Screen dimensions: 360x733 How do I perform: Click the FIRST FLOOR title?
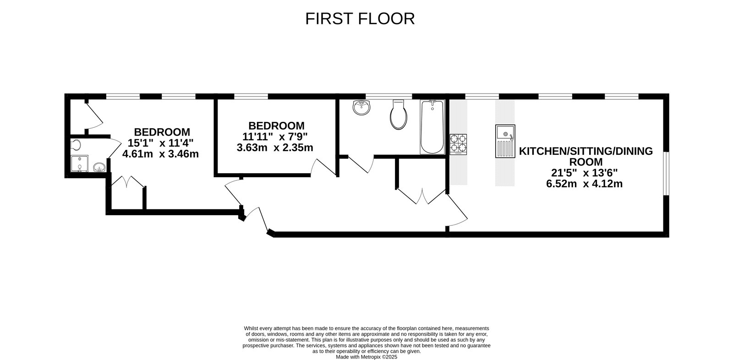pyautogui.click(x=360, y=19)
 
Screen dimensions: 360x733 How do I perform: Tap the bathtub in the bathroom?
pyautogui.click(x=432, y=127)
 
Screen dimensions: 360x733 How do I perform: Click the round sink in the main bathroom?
pyautogui.click(x=362, y=108)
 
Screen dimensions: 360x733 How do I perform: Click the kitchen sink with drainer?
pyautogui.click(x=505, y=142)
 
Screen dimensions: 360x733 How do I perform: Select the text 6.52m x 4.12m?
pyautogui.click(x=585, y=184)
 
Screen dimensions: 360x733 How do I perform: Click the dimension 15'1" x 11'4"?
pyautogui.click(x=161, y=143)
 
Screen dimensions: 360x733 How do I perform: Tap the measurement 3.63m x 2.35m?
pyautogui.click(x=275, y=147)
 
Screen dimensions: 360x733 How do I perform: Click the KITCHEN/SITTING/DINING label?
pyautogui.click(x=585, y=152)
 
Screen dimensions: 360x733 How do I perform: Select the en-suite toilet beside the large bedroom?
pyautogui.click(x=76, y=145)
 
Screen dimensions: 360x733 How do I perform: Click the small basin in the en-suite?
pyautogui.click(x=99, y=167)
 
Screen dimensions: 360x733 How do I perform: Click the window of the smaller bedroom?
pyautogui.click(x=251, y=96)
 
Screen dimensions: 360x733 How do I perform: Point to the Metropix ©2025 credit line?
pyautogui.click(x=366, y=357)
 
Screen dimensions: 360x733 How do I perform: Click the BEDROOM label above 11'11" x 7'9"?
pyautogui.click(x=276, y=125)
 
